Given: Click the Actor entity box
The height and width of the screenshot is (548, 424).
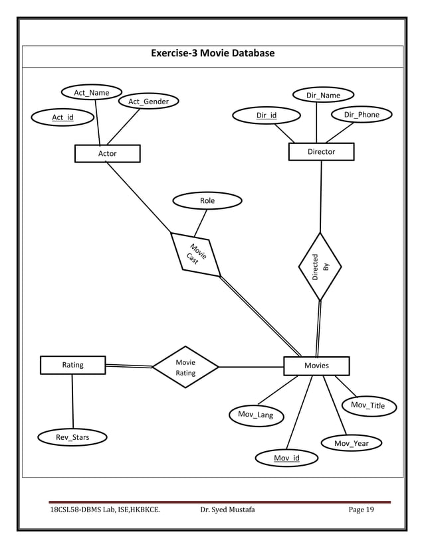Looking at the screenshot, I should coord(107,153).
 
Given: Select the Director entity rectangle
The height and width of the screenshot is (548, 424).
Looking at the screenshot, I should coord(321,152).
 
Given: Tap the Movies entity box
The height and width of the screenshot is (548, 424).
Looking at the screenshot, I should coord(316,366).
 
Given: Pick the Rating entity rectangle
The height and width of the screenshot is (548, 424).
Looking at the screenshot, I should coord(72,365).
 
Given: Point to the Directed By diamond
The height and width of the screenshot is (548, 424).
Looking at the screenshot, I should coord(320,267).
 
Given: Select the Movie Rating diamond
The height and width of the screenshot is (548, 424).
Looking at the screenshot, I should coord(185,368).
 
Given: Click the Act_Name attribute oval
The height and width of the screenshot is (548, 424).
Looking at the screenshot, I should coord(91,93).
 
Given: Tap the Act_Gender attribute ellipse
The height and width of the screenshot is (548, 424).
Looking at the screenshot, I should coord(148,102).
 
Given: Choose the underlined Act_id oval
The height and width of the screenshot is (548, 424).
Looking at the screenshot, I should coord(63,117).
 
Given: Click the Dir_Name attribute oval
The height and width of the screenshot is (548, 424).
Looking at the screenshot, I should coord(323,96).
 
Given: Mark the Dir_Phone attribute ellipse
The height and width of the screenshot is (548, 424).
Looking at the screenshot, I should coord(362,115).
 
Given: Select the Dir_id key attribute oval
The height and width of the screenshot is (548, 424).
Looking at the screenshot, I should coord(266,115).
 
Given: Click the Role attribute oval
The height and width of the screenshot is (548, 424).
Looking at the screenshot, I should coord(207,200).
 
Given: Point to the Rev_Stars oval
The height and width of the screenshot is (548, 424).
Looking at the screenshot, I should coord(72,437).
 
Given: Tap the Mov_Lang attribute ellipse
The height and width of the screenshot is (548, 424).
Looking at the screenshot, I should coord(256,415).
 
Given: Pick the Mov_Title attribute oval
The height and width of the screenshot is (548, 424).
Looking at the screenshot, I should coord(368,405).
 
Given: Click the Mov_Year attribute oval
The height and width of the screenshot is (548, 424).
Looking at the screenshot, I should coord(352,443).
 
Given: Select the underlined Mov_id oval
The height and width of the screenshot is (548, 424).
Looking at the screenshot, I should coord(287,458).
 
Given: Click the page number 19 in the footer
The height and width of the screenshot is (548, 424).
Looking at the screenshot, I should coord(369,510).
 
